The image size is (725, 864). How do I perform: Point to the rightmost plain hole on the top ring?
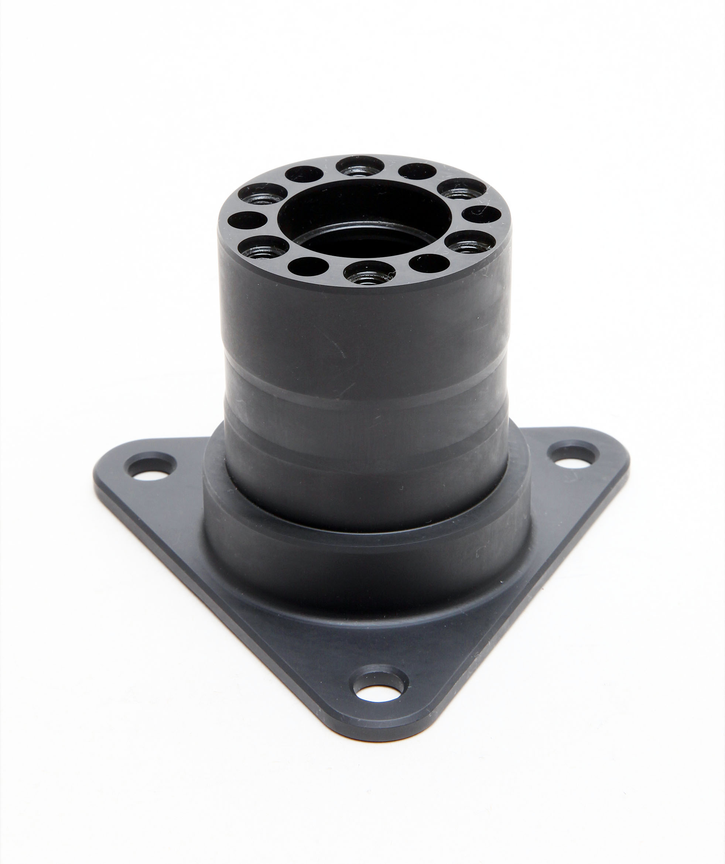coord(481,214)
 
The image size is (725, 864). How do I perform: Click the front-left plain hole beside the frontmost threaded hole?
coord(308,266)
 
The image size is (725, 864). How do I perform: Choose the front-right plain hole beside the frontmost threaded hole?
coord(429,263)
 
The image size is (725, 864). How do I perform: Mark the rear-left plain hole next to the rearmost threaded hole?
coord(304,174)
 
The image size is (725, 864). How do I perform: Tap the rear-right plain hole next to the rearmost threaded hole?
coord(417,171)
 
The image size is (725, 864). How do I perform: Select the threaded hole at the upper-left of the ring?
coord(262,193)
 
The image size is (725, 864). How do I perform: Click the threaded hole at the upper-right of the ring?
coord(461,188)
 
